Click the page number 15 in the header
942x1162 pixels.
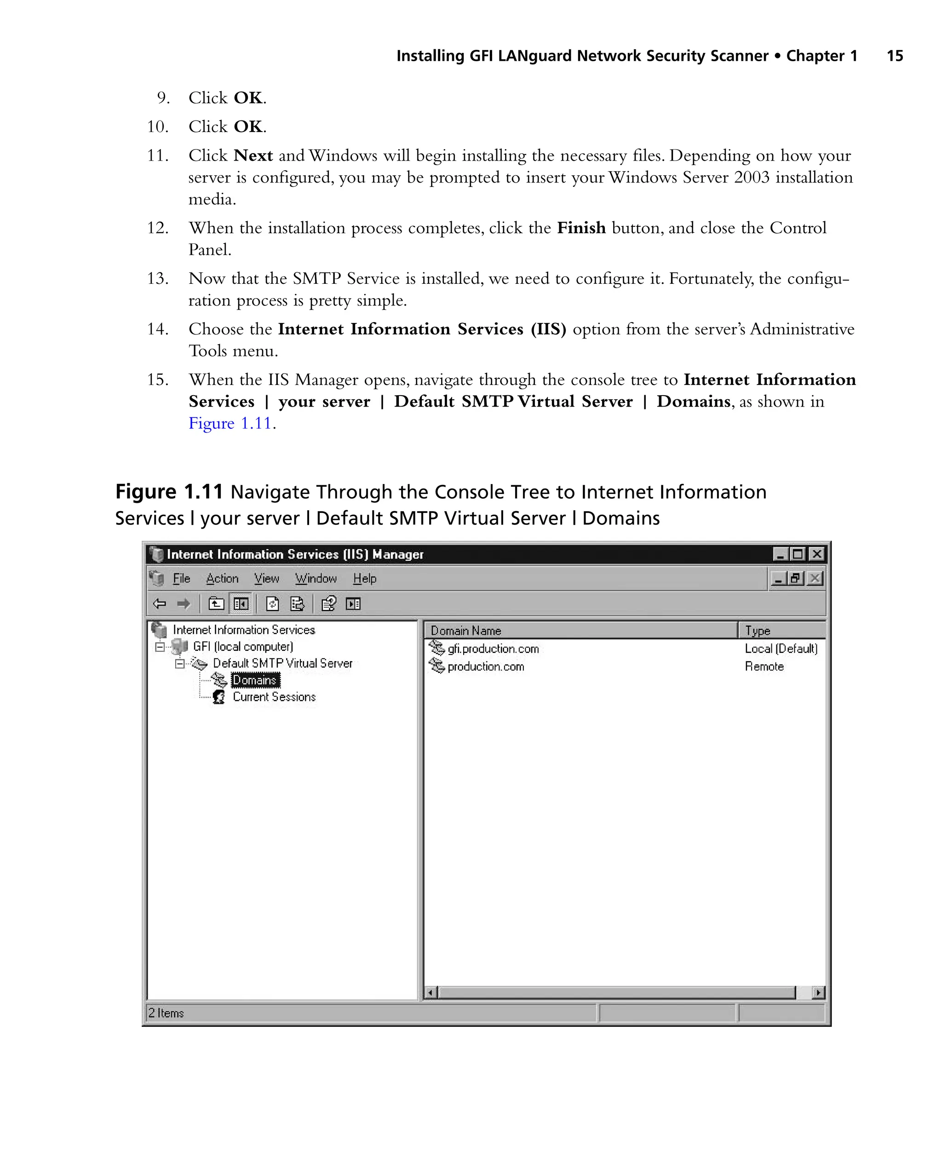(x=894, y=56)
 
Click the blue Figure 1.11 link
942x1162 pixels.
(x=230, y=423)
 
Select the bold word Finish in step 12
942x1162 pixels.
(x=580, y=228)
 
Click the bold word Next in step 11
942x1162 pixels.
(x=253, y=156)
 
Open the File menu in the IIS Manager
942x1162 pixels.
(x=181, y=579)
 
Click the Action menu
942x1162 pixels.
(x=222, y=579)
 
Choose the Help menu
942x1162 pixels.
(x=364, y=579)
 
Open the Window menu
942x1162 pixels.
(x=316, y=579)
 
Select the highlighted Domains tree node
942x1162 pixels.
(x=254, y=680)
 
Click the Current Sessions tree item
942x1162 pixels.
(x=274, y=697)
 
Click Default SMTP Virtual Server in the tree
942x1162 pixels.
(x=282, y=663)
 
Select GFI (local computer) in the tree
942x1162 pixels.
(x=242, y=646)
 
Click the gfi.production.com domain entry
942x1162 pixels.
(x=492, y=649)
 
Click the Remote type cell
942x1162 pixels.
(x=764, y=667)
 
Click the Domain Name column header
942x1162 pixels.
(x=465, y=631)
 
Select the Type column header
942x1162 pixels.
(x=758, y=631)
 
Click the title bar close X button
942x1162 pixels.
(x=816, y=554)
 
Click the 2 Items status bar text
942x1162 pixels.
(x=166, y=1013)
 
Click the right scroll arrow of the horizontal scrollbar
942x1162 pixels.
(x=818, y=993)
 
